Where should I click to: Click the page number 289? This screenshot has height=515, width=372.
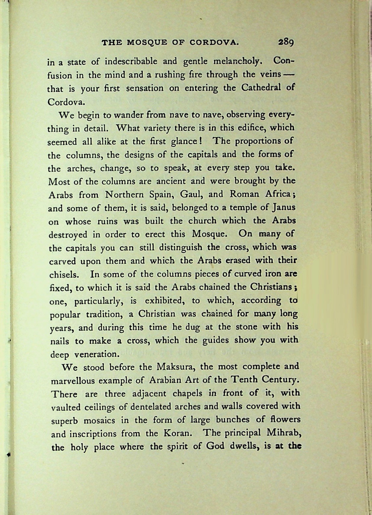coord(286,42)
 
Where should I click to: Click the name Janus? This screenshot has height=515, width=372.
coord(284,208)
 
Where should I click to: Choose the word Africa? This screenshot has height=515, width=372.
coord(277,194)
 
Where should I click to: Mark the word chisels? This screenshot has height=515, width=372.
coord(64,275)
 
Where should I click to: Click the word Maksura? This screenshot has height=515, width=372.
coord(176,367)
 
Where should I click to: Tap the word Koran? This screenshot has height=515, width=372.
coord(177,433)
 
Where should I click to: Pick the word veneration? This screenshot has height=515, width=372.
coord(96,354)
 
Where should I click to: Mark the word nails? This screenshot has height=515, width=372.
coord(59,341)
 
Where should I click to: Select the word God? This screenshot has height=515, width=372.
coord(215,446)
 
